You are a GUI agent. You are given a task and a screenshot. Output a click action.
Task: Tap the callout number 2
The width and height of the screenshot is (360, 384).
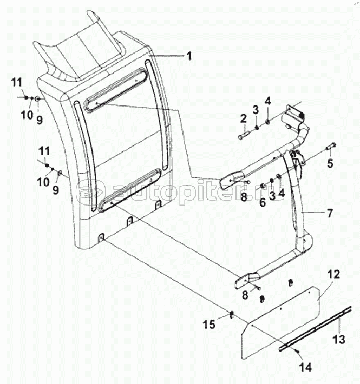244,118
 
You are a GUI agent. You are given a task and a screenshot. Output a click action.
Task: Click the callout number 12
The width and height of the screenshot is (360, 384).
333,274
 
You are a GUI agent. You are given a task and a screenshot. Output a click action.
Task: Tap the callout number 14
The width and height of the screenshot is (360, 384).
306,367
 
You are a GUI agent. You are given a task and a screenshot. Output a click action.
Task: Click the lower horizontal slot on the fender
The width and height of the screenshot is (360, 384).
131,187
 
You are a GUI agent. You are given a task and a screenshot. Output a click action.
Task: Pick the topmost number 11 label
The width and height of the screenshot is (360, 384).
16,82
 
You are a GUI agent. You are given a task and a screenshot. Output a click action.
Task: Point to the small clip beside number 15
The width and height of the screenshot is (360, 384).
231,315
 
